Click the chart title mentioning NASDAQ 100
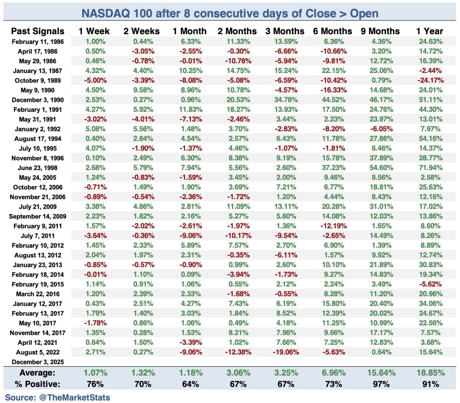click(230, 13)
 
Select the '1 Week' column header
click(94, 31)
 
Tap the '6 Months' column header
click(332, 31)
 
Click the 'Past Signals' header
click(38, 31)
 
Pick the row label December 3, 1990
click(38, 100)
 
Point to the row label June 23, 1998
click(38, 168)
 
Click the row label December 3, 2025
click(38, 362)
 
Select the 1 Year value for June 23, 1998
click(430, 168)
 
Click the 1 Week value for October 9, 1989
click(95, 81)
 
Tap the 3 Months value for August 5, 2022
click(286, 352)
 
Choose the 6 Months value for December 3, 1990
click(333, 100)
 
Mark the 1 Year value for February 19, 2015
click(430, 284)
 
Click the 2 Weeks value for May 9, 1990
click(143, 90)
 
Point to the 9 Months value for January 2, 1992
click(381, 129)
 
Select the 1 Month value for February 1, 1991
click(191, 110)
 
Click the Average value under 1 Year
click(430, 373)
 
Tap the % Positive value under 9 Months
click(381, 384)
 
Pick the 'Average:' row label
click(38, 373)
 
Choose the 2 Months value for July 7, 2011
click(238, 236)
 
